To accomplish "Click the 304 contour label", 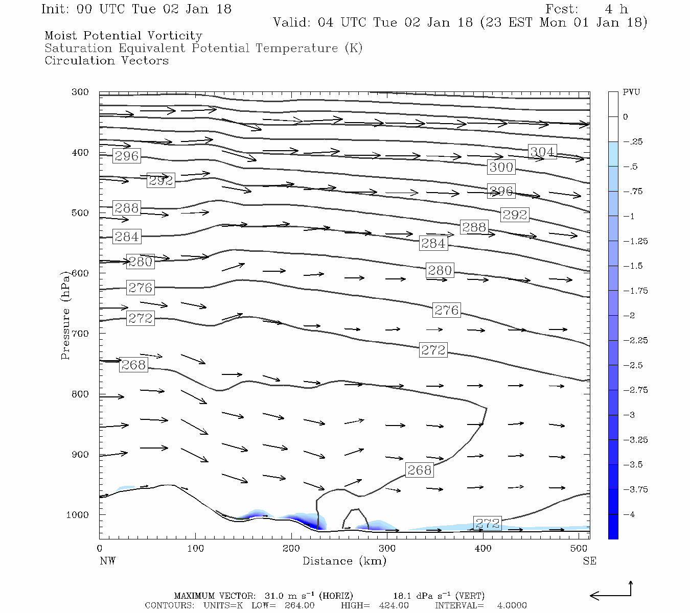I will tap(542, 152).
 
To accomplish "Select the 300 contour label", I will tap(501, 167).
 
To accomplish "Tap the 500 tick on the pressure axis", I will tap(80, 213).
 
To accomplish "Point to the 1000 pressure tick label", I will tap(77, 515).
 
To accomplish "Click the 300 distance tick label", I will tap(387, 549).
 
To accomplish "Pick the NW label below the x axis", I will tap(107, 561).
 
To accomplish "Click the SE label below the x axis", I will tap(589, 561).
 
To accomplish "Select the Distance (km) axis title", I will tap(344, 561).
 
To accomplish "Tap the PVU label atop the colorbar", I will tap(631, 92).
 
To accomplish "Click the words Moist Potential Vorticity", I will tap(123, 36).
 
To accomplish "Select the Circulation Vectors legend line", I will tap(106, 61).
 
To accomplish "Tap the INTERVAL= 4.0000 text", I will tap(480, 605).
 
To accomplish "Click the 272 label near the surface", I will tap(487, 523).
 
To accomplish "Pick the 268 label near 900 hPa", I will tap(420, 470).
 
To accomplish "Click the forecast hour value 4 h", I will tap(616, 9).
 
